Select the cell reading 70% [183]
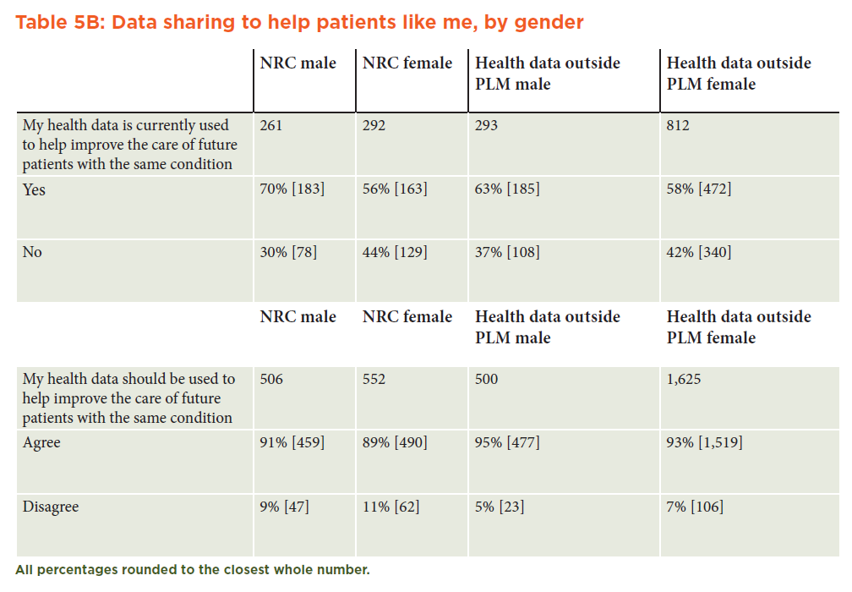(x=292, y=189)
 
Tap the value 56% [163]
(x=395, y=189)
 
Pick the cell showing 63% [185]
(x=507, y=189)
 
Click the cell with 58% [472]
(x=699, y=189)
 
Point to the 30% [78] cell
(x=288, y=252)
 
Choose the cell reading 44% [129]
(x=395, y=252)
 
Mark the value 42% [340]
(x=699, y=252)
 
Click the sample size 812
(x=678, y=125)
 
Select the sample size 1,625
(x=684, y=379)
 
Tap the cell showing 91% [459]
(x=292, y=442)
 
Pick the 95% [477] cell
(x=507, y=442)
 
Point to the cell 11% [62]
(x=390, y=507)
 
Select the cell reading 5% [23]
(x=500, y=507)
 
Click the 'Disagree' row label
(x=51, y=507)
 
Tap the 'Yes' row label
(x=34, y=189)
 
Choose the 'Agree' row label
(x=41, y=443)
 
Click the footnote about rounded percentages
(x=193, y=570)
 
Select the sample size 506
(x=271, y=379)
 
